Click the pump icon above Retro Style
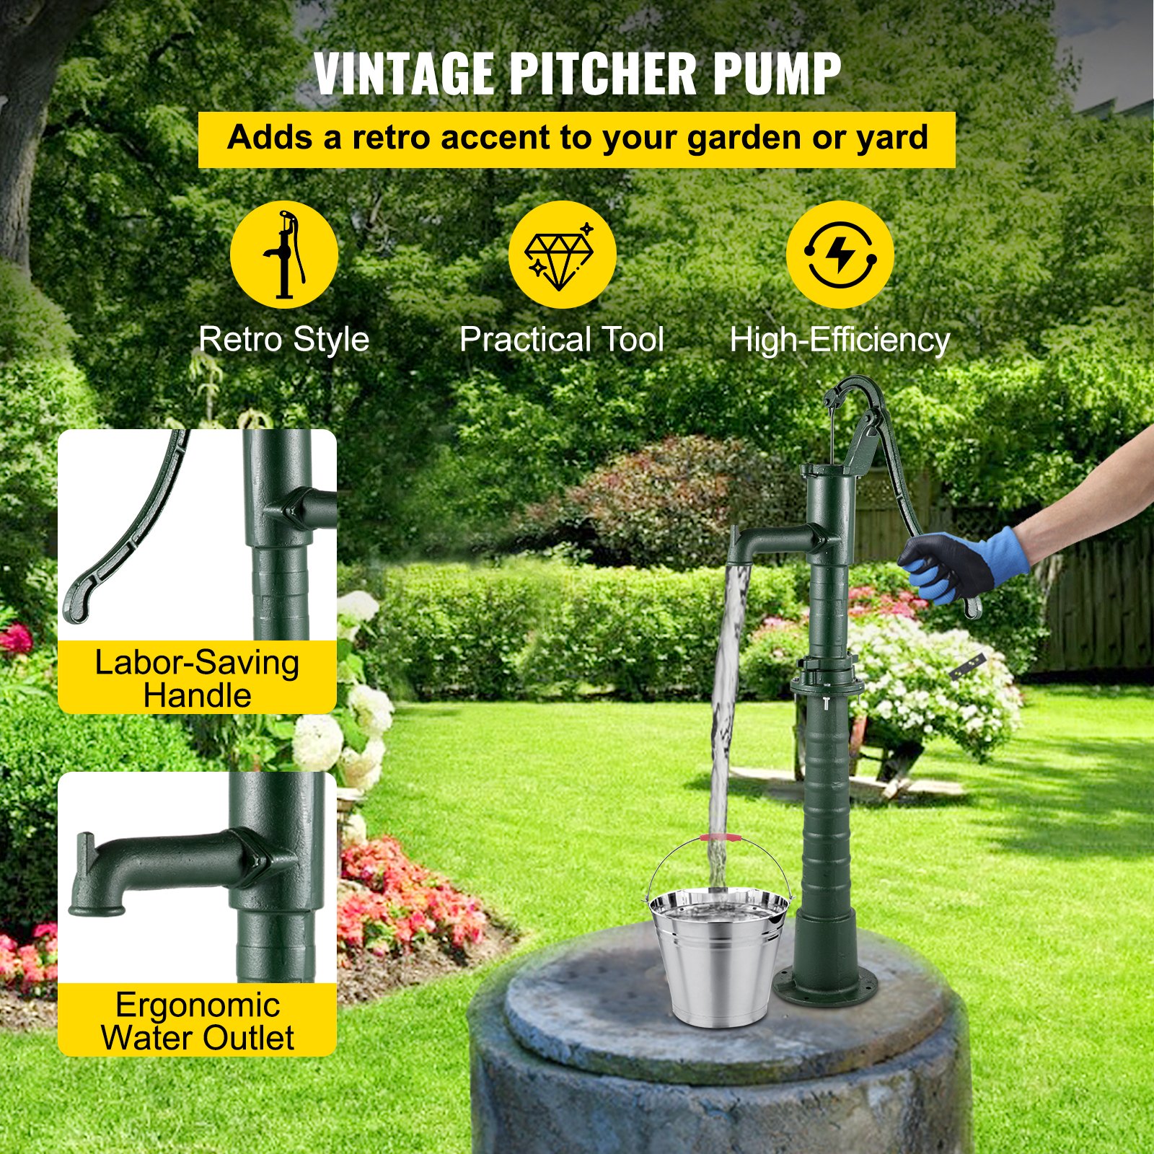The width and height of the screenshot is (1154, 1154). click(284, 255)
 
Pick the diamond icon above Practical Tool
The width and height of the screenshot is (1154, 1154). click(561, 255)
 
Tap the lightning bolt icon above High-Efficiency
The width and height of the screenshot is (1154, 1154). click(840, 255)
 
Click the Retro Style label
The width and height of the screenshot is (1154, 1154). click(283, 339)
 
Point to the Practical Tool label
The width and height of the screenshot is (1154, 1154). click(561, 339)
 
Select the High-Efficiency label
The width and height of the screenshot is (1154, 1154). click(840, 339)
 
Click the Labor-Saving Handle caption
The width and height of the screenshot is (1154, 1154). click(197, 679)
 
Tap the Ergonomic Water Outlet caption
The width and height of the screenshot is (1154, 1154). click(197, 1021)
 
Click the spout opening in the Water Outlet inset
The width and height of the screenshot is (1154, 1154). click(97, 908)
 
